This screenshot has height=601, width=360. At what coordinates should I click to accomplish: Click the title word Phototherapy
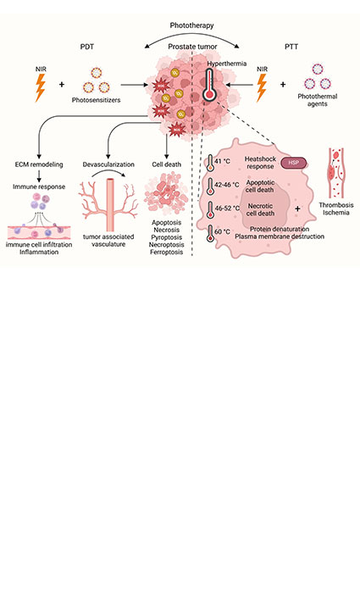click(180, 27)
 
